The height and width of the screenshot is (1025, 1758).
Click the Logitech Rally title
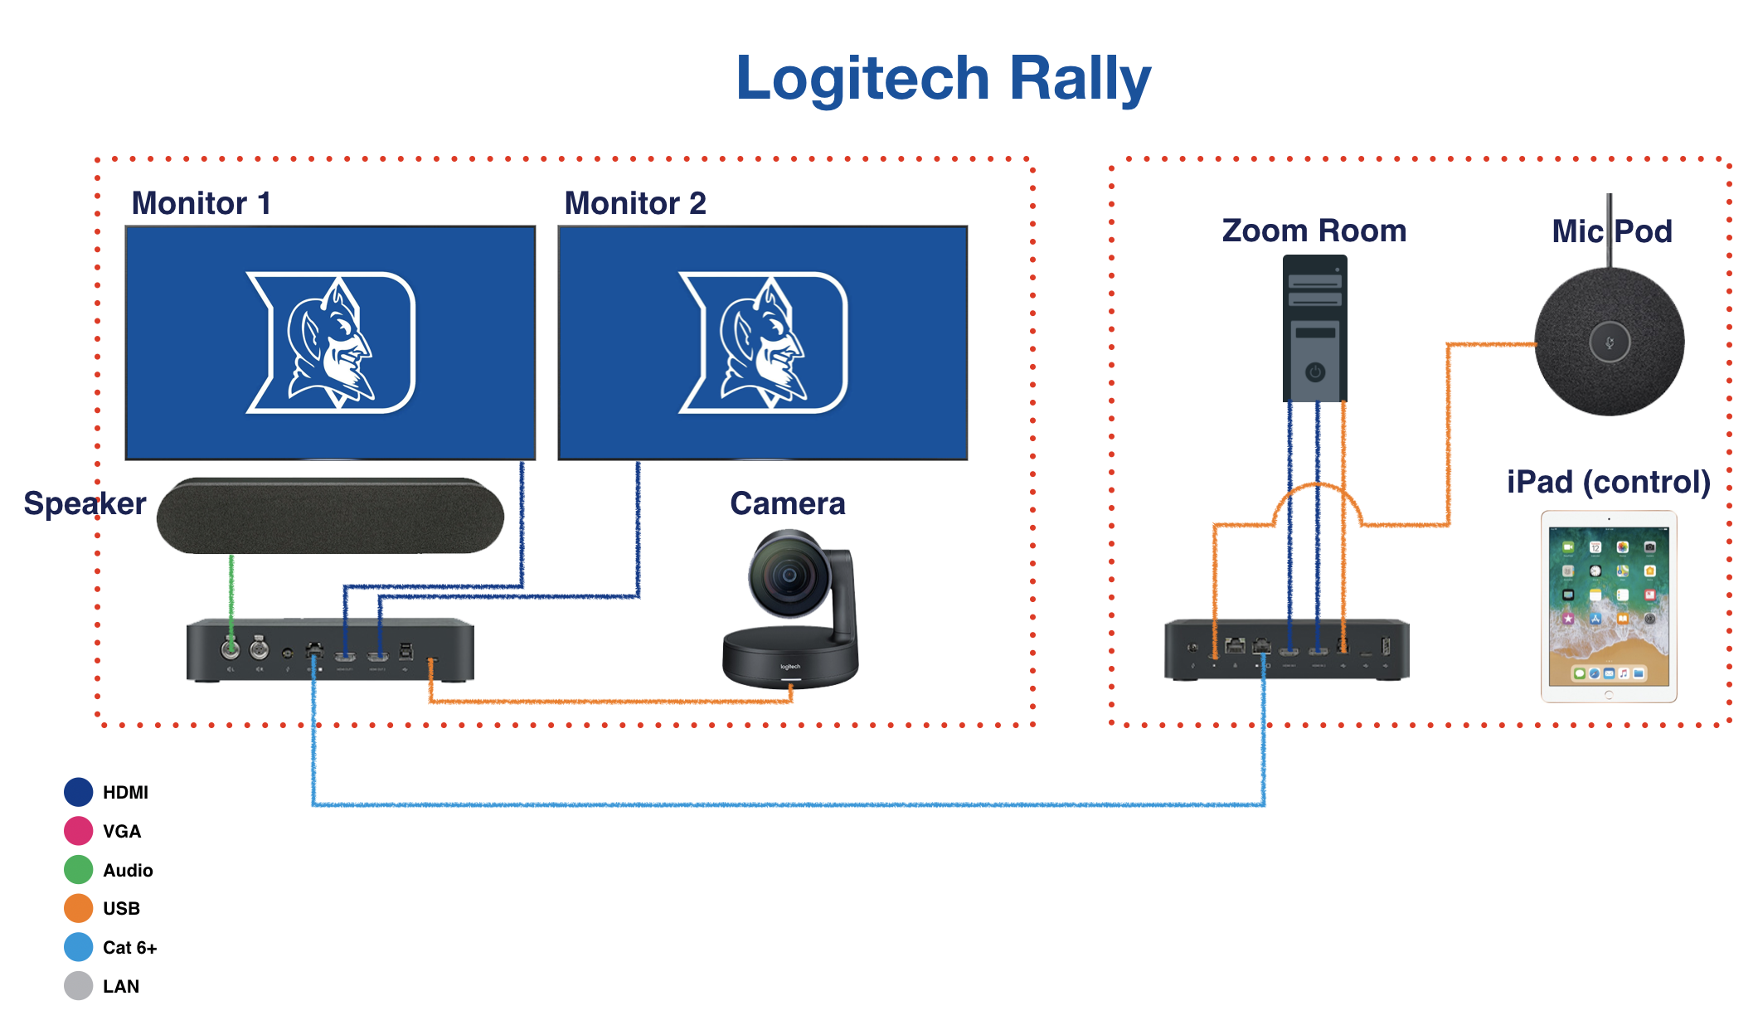point(943,79)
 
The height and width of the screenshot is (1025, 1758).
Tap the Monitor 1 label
point(202,203)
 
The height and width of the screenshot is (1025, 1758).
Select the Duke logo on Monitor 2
point(763,342)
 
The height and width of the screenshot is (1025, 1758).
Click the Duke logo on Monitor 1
point(331,342)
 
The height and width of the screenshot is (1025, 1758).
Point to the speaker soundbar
point(330,515)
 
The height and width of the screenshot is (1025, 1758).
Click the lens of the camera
point(789,575)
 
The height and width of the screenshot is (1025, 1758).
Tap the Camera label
point(787,503)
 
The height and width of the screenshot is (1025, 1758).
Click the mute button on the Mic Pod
point(1609,342)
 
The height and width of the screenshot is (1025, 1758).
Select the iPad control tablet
point(1608,606)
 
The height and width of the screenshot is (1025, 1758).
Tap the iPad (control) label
point(1608,482)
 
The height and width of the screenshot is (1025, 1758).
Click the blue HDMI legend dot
point(78,792)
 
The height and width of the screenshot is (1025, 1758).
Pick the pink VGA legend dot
point(78,831)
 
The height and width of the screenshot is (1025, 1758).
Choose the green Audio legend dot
point(78,870)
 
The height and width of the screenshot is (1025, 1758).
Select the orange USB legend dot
point(78,908)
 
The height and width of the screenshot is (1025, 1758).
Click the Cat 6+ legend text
point(129,947)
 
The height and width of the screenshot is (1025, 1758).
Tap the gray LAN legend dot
point(78,986)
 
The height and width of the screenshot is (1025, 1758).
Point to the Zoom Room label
point(1314,231)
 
